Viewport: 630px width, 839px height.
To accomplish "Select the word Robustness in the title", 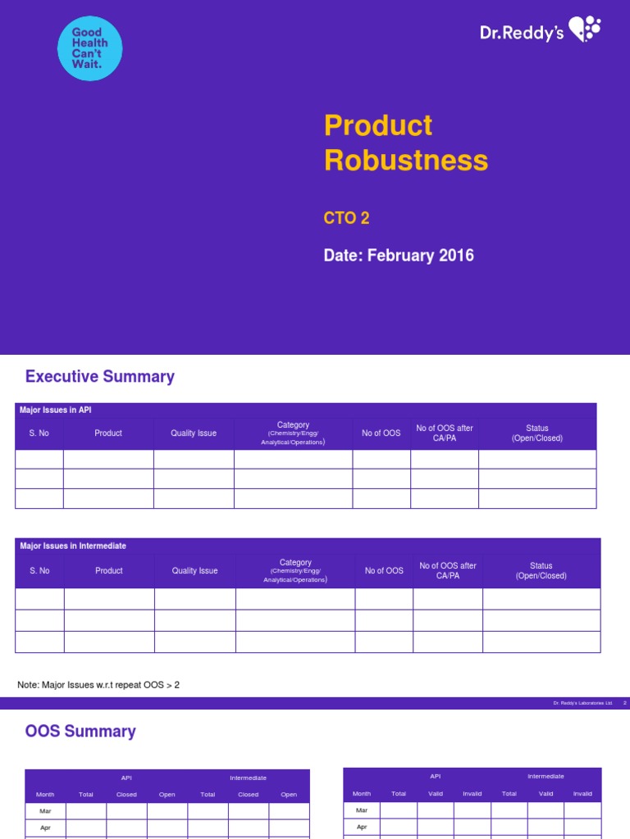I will [405, 160].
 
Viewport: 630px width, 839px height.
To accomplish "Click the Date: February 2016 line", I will [399, 256].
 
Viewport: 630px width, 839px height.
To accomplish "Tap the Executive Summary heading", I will [100, 377].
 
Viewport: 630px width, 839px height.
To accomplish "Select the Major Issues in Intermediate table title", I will [73, 546].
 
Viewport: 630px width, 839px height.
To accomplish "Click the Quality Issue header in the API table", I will [194, 433].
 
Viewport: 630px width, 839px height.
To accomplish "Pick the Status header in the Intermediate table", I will [541, 570].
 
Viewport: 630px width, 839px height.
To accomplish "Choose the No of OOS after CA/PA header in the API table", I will [444, 433].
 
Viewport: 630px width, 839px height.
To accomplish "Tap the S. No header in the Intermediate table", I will [39, 571].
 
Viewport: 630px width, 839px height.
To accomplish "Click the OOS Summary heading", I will [80, 732].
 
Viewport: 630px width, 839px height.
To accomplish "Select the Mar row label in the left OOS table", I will [45, 810].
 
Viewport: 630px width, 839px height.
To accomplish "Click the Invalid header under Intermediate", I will [582, 794].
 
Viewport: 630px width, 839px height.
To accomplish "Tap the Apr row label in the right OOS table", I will [362, 827].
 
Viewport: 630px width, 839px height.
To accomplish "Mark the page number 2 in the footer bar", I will [625, 703].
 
